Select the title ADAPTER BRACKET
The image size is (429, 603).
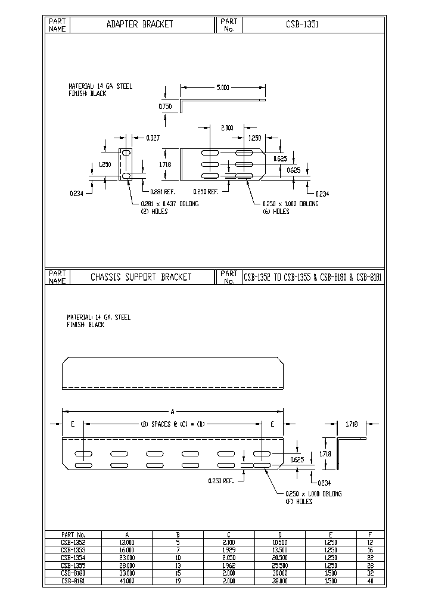139,24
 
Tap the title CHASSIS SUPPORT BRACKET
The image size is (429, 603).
141,277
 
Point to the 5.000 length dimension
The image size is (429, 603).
222,88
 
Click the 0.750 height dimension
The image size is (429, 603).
165,106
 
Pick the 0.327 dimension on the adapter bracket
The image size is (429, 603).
153,138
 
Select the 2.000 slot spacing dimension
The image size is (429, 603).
227,128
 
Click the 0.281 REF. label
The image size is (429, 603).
161,191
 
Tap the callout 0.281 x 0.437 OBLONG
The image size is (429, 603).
169,204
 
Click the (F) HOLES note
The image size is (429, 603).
299,502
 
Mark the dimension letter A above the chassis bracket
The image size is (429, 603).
173,411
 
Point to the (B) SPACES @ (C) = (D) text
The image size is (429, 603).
173,424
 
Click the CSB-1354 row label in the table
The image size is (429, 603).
73,558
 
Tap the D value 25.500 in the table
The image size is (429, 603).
279,565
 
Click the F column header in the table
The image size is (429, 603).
370,534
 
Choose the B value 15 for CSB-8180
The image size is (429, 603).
178,573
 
